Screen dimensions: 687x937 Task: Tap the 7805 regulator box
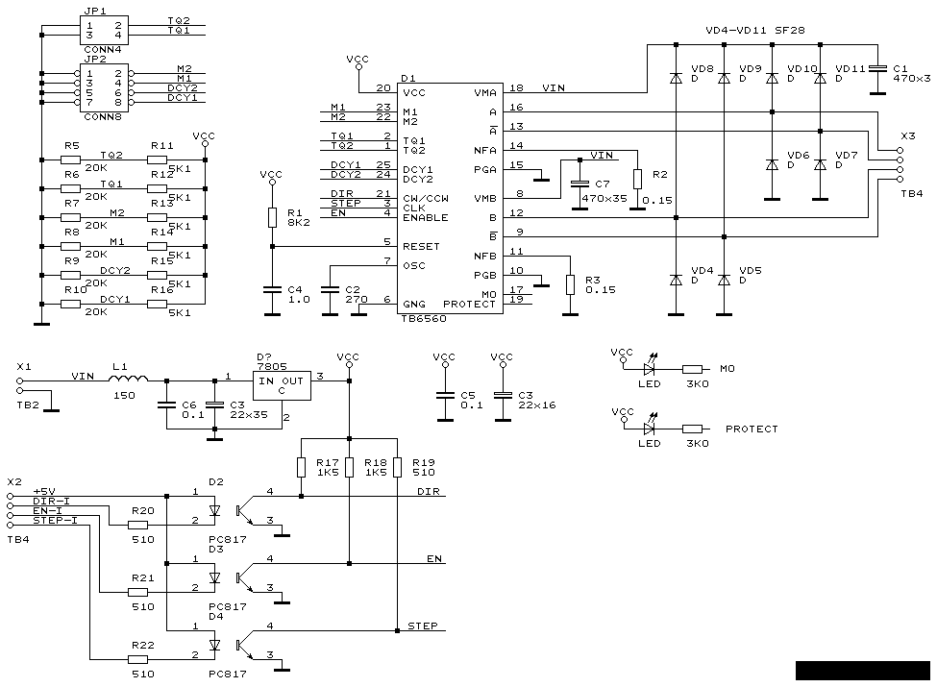click(284, 385)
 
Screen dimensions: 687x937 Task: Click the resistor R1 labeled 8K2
click(272, 217)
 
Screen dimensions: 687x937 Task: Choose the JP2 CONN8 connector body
click(103, 86)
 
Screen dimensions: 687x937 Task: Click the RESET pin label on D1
click(421, 246)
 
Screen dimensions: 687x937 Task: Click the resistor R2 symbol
click(636, 179)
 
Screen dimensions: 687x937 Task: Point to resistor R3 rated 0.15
click(570, 284)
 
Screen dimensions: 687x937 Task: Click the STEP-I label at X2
click(55, 520)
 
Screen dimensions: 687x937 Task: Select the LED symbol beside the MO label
click(650, 367)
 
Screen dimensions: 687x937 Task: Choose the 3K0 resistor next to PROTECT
click(692, 429)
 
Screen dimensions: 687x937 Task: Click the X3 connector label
click(906, 136)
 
